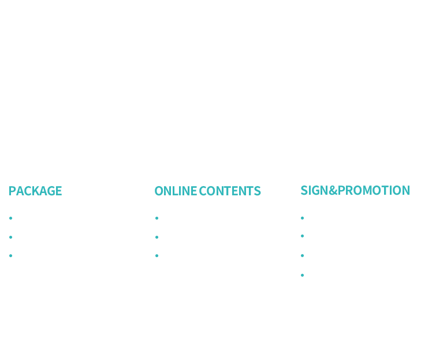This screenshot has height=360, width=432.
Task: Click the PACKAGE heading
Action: point(35,191)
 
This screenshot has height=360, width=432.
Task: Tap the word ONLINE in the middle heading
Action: point(176,191)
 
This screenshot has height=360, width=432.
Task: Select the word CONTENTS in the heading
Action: point(230,191)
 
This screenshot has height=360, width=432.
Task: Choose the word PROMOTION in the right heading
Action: point(374,190)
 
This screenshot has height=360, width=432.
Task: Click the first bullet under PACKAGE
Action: point(11,218)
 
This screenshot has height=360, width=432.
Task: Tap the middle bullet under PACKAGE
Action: point(11,237)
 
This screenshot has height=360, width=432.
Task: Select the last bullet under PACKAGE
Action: point(11,255)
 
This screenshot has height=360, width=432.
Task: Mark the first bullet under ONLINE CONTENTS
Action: point(157,218)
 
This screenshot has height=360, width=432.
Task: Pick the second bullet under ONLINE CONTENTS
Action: point(157,237)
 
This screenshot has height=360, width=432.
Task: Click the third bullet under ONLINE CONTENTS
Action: point(157,255)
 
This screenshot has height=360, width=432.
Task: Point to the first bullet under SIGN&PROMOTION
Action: point(302,218)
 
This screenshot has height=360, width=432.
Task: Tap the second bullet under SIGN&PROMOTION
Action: point(302,236)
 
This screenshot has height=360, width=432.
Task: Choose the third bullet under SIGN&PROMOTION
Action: point(302,255)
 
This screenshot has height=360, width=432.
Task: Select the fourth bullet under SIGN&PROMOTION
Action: point(302,275)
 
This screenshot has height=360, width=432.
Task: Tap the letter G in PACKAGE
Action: point(51,191)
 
